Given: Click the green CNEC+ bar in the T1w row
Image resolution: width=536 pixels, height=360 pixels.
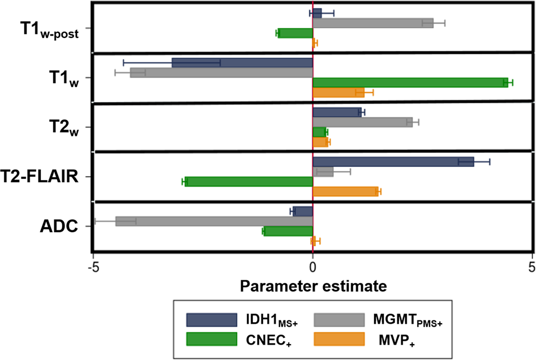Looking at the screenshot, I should point(410,83).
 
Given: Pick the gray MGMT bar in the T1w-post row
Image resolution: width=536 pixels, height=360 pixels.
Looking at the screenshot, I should point(373,23).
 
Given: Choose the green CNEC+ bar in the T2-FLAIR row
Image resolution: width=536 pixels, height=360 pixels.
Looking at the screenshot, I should point(249,182).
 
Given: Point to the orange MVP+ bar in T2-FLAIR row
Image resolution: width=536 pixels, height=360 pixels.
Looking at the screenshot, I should point(345,191).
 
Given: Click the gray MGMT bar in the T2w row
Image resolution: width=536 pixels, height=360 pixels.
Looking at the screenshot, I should point(362,122).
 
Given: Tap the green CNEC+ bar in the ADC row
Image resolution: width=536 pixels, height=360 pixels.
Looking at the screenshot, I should point(288,232).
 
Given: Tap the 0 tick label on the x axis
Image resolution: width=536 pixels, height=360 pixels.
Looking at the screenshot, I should point(313,266).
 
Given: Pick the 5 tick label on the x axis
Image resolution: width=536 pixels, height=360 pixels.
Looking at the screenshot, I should point(531,266).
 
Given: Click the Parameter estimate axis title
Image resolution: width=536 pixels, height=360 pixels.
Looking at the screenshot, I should point(314,285).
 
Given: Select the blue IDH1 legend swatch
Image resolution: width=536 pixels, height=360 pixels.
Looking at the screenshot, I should point(211,320).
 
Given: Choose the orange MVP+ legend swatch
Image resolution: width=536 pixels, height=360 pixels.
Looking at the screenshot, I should point(338,339).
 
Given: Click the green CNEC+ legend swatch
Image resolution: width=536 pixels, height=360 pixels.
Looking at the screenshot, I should point(211,339).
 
